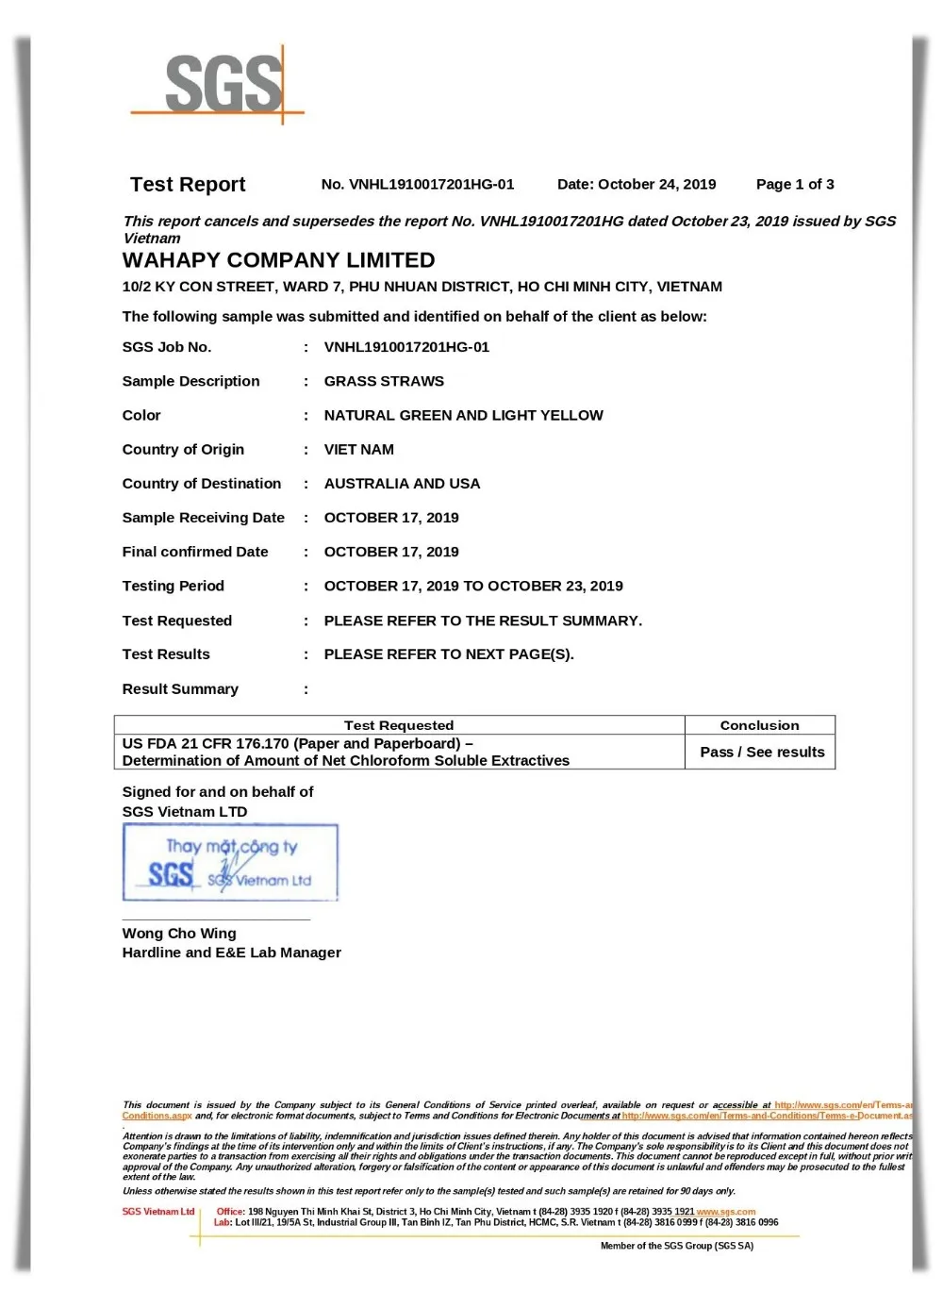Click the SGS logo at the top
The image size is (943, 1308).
(x=224, y=85)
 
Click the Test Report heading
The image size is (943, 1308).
(x=188, y=185)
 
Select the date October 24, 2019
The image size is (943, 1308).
(x=637, y=185)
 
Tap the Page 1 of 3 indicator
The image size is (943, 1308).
(x=795, y=185)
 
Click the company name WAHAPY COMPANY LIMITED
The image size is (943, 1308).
(x=278, y=260)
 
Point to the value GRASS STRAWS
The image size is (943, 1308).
(x=384, y=381)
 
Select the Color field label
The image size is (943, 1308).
(x=141, y=416)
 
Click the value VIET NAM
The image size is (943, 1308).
(x=359, y=450)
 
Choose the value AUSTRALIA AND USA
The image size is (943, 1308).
(x=402, y=484)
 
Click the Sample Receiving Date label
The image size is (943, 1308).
(x=203, y=518)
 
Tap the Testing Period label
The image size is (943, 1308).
(x=173, y=587)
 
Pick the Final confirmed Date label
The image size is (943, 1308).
(x=195, y=552)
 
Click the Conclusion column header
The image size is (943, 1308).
(x=759, y=725)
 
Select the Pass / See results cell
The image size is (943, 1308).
(x=762, y=753)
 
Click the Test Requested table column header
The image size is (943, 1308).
(x=399, y=725)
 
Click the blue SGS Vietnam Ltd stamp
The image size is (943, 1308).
(x=230, y=863)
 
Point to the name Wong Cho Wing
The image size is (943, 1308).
(x=179, y=934)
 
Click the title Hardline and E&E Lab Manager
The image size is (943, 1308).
(x=231, y=953)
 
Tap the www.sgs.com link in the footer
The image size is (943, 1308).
(x=726, y=1212)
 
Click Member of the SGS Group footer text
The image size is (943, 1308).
(x=677, y=1246)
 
